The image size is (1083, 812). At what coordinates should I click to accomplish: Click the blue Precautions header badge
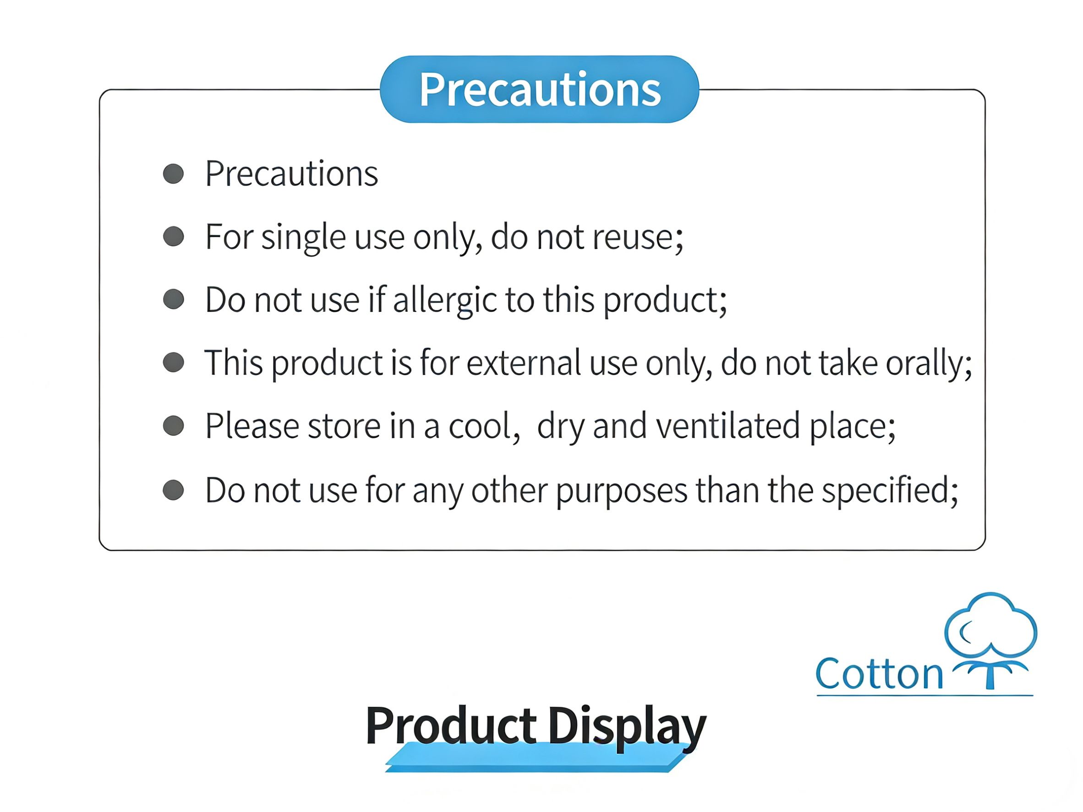(539, 89)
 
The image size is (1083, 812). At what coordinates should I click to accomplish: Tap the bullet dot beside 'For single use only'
(173, 236)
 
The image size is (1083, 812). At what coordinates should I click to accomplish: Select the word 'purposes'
(621, 491)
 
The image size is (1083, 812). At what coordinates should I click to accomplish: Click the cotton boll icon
(990, 640)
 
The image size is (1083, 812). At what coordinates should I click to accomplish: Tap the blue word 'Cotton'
(879, 674)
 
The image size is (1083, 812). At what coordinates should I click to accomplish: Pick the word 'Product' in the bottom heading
(451, 725)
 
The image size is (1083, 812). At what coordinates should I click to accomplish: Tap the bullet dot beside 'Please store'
(173, 425)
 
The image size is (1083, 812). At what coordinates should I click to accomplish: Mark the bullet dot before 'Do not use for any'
(173, 490)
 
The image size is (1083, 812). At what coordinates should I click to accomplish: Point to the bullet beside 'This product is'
(173, 363)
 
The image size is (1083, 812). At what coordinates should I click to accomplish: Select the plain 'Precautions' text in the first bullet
(291, 174)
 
